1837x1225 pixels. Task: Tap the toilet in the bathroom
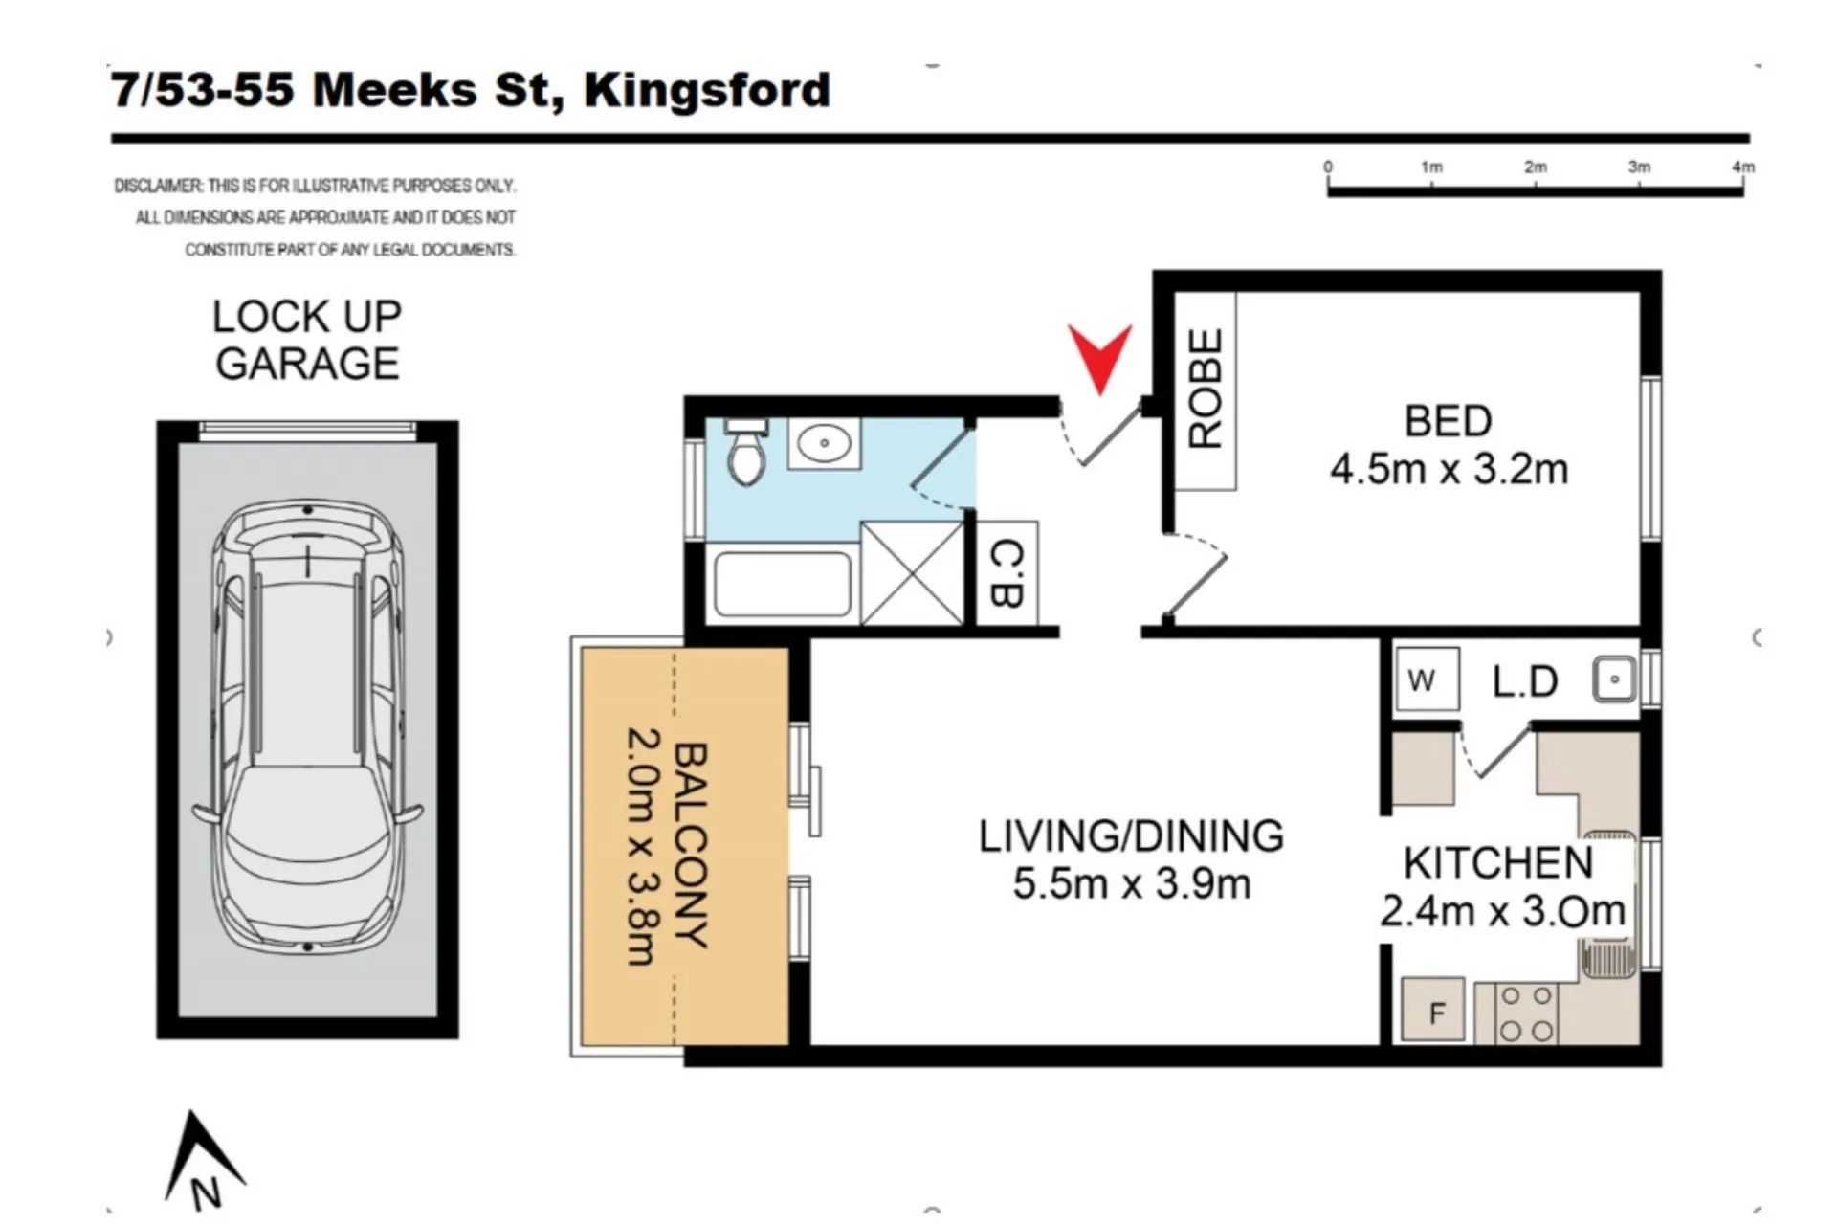(x=745, y=451)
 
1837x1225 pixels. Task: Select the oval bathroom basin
(x=823, y=443)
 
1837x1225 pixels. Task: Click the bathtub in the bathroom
(x=782, y=584)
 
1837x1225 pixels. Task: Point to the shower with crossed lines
(x=913, y=573)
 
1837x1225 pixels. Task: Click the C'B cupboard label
(x=1007, y=573)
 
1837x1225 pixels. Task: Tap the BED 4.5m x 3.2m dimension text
(x=1449, y=445)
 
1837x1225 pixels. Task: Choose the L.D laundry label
(x=1525, y=681)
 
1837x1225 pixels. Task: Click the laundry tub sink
(x=1615, y=679)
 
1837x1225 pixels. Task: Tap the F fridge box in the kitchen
(x=1433, y=1010)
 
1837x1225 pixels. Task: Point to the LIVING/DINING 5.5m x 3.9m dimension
(x=1131, y=859)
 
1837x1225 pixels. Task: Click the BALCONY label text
(x=691, y=846)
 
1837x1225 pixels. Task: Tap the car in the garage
(x=308, y=727)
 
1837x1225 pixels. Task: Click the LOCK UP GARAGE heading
(x=307, y=340)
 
